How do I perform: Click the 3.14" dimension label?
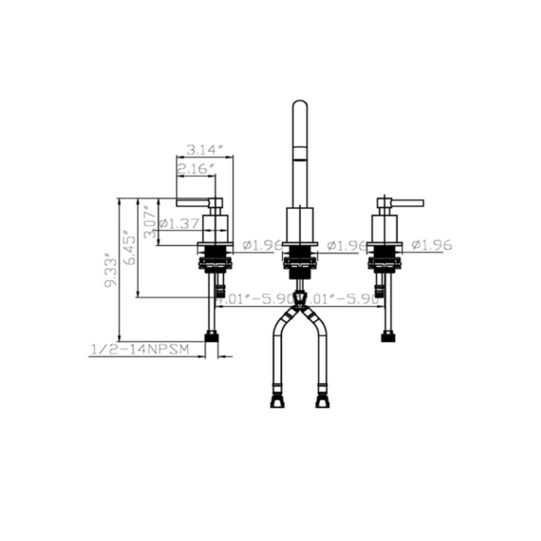pos(204,149)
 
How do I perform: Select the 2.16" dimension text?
pos(192,169)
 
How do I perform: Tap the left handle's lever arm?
pos(192,202)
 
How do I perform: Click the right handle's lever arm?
pos(408,202)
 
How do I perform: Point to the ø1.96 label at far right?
pos(431,245)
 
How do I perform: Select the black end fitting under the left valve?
pos(212,337)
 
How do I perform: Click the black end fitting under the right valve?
pos(388,337)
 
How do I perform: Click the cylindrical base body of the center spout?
pos(300,224)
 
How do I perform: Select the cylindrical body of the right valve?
pos(384,228)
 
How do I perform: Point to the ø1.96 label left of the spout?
pos(260,245)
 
